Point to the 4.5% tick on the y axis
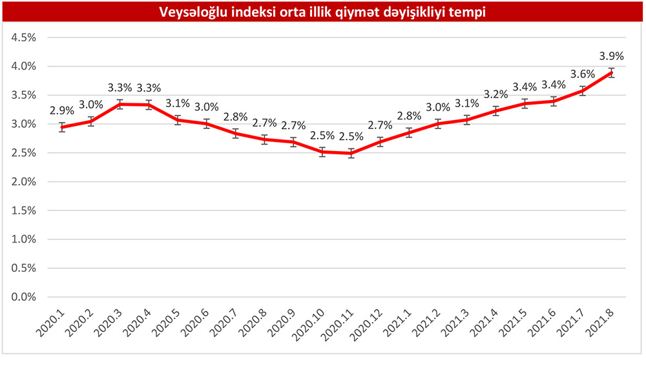point(23,37)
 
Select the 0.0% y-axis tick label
point(23,297)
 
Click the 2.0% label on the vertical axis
point(23,181)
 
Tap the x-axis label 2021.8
point(598,320)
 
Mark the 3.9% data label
point(611,56)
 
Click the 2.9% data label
point(62,110)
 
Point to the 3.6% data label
point(582,74)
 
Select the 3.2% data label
point(495,96)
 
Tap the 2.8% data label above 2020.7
point(236,118)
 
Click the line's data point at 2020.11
point(351,153)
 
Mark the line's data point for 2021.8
point(611,72)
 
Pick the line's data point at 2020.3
point(120,104)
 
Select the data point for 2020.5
point(178,119)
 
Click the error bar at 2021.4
point(495,110)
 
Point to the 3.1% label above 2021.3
point(466,103)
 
